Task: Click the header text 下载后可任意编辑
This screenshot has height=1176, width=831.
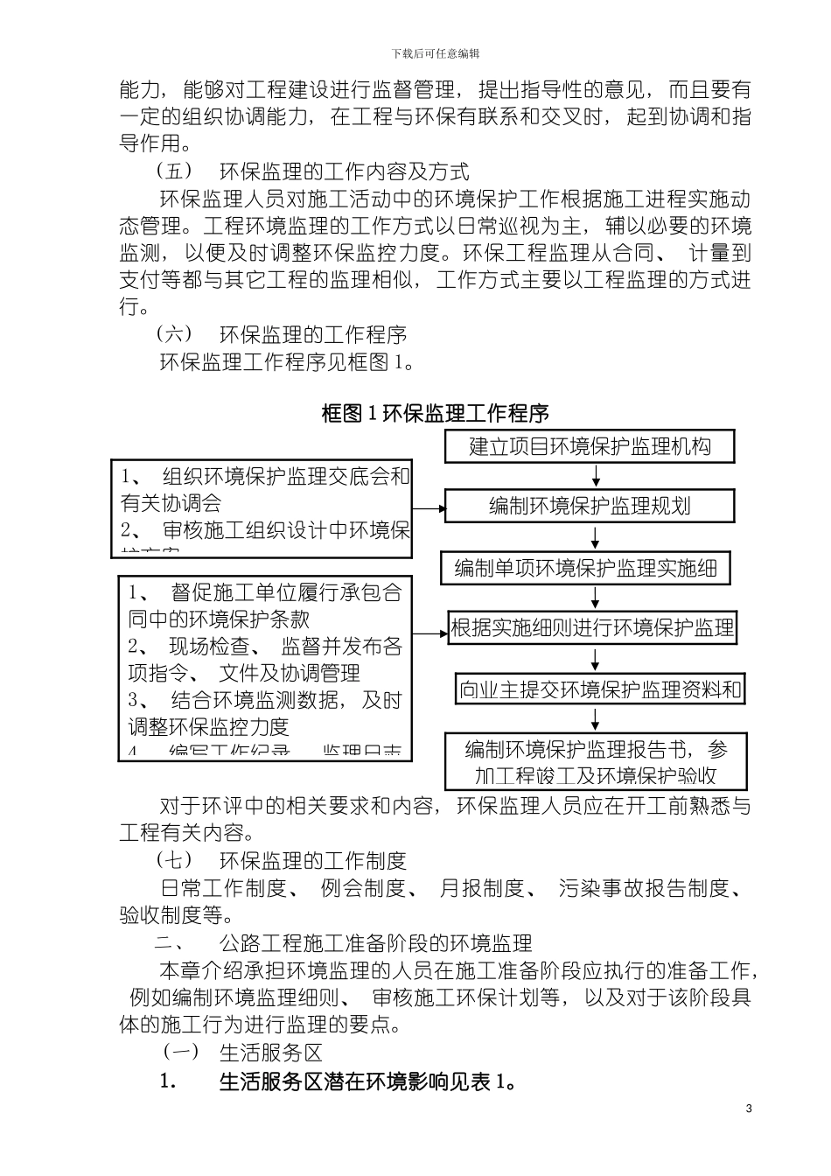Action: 435,53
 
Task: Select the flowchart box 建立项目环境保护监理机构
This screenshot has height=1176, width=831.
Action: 590,446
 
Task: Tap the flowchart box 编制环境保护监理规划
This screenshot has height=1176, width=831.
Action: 590,506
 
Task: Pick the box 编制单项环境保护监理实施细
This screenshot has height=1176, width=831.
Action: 586,569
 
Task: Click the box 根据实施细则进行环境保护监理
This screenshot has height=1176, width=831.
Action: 592,628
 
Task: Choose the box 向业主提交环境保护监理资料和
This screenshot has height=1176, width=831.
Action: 600,689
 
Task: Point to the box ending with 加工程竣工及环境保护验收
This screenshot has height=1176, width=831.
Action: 596,762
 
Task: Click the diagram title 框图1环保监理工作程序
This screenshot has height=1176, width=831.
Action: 435,414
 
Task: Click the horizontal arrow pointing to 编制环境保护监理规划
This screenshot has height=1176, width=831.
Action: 429,507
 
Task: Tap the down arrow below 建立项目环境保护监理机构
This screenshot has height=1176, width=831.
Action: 596,475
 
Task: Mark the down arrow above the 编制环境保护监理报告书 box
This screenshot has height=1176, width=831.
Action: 596,718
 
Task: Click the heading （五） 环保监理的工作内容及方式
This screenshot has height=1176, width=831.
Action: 312,171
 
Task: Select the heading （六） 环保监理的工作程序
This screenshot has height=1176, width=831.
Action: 281,334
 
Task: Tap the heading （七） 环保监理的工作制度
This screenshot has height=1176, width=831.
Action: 281,861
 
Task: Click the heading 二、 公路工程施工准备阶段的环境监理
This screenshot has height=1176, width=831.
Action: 344,943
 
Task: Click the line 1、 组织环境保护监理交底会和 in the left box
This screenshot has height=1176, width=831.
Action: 265,477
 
